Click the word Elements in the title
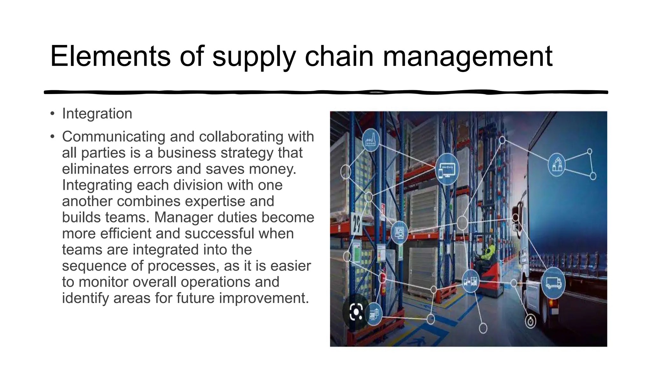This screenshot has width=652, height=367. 110,56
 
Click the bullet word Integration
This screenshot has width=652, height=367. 97,114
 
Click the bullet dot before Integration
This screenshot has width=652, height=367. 52,114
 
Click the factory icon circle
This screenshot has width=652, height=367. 371,140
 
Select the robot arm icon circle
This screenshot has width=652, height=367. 556,165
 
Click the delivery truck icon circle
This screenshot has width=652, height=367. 553,283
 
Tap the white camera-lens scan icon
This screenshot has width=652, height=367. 356,311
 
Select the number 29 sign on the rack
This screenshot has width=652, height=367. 357,223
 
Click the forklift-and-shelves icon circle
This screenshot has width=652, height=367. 471,282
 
